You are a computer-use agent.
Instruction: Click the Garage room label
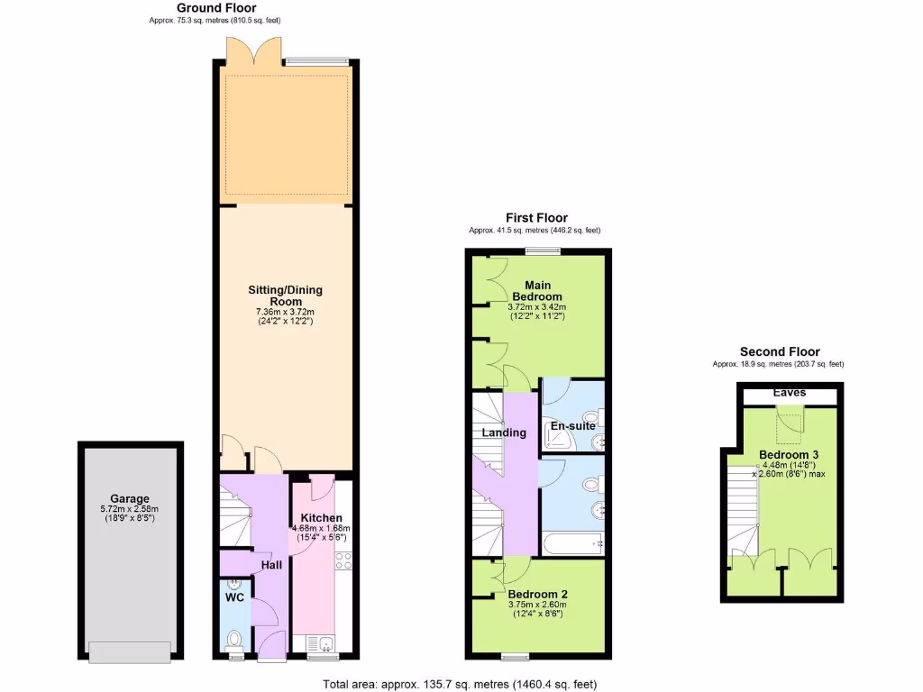pos(130,498)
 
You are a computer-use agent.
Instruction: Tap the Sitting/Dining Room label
pos(285,296)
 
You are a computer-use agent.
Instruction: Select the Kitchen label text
pos(321,518)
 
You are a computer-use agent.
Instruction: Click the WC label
pos(234,597)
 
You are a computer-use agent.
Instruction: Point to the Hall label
pos(271,565)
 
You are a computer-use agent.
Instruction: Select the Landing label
pos(504,432)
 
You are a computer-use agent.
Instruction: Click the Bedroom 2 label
pos(537,595)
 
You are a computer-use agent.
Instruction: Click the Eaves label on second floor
pos(790,393)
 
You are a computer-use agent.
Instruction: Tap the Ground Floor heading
pos(216,7)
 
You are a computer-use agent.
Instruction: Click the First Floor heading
pos(535,218)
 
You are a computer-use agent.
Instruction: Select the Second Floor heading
pos(780,351)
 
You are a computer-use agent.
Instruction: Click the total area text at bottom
pos(460,684)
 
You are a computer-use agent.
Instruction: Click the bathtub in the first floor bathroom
pos(571,542)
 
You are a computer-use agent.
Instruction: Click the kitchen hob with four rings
pos(343,560)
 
